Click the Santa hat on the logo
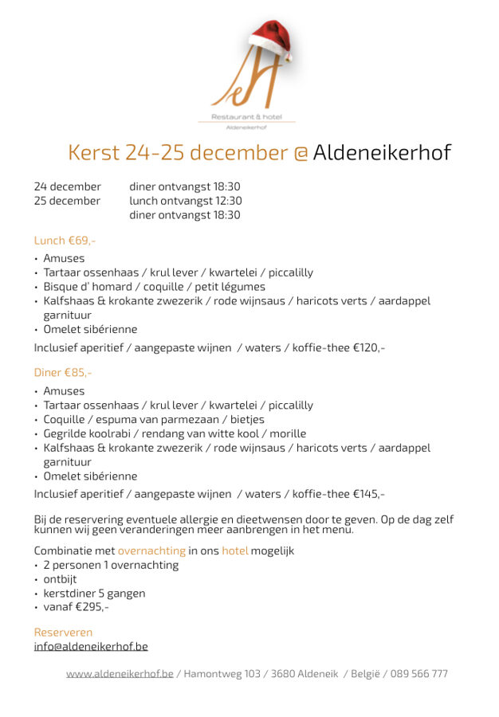tap(271, 40)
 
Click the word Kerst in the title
tap(94, 152)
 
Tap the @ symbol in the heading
tap(301, 153)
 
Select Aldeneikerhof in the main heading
tap(382, 152)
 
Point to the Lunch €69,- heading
tap(65, 240)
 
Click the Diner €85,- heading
tap(63, 372)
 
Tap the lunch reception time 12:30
tap(227, 201)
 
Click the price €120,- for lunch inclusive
tap(369, 347)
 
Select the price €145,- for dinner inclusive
tap(369, 494)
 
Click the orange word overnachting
tap(151, 550)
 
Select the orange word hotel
tap(234, 550)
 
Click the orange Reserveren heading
tap(63, 632)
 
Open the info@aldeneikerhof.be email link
tap(91, 646)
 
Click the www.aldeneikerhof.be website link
tap(120, 674)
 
